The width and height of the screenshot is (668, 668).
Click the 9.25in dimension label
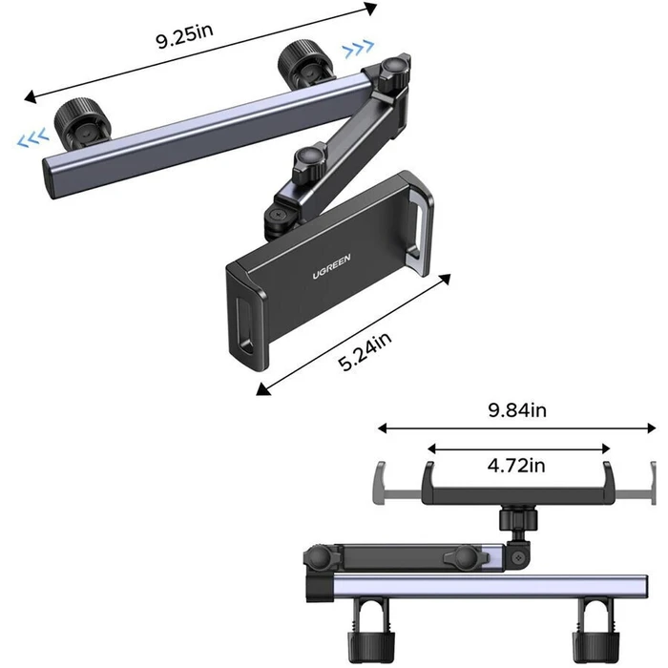pyautogui.click(x=184, y=35)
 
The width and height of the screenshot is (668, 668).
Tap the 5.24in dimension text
pyautogui.click(x=365, y=351)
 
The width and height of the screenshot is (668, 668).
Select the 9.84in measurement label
pyautogui.click(x=517, y=410)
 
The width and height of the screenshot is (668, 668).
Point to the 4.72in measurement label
pyautogui.click(x=516, y=466)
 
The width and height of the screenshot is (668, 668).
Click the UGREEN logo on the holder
pyautogui.click(x=331, y=266)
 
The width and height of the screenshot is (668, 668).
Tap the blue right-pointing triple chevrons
pyautogui.click(x=359, y=49)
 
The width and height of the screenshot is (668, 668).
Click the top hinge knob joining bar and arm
pyautogui.click(x=394, y=73)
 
